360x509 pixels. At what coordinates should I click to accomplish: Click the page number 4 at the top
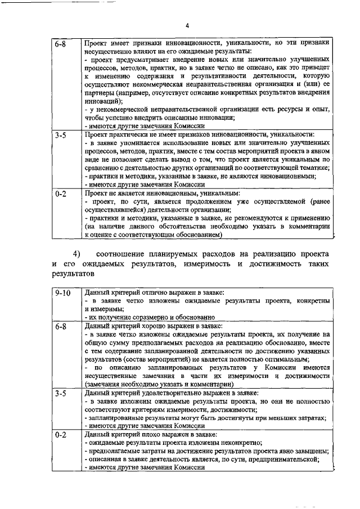tap(187, 25)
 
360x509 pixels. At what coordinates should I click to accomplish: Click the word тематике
tap(310, 168)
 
